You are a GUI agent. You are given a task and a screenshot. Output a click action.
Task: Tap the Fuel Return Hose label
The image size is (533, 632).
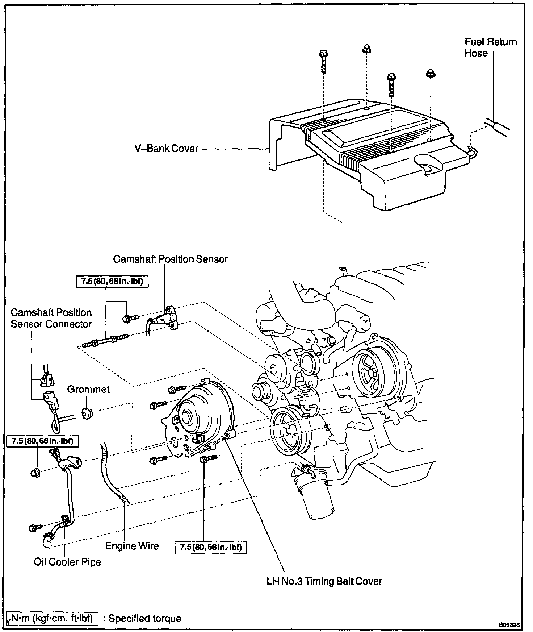pos(490,47)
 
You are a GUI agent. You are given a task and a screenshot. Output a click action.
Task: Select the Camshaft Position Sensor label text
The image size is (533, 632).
pos(170,259)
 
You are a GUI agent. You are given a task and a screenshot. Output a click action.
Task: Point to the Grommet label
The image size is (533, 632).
pos(88,390)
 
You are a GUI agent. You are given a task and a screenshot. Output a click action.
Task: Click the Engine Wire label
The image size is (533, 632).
pos(132,546)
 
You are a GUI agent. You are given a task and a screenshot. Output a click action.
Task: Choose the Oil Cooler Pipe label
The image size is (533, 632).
pos(67,562)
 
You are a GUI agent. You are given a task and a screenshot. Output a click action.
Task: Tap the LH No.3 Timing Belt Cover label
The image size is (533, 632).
pos(324,591)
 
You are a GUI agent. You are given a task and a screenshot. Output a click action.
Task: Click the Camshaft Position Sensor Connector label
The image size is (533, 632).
pos(51,318)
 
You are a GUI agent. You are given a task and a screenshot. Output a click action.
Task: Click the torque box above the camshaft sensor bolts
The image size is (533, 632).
pos(112,282)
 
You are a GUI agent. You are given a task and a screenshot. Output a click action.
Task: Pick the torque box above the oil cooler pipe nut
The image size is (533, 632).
pos(42,441)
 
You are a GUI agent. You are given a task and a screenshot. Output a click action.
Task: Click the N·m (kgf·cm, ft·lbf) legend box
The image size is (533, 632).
pos(52,618)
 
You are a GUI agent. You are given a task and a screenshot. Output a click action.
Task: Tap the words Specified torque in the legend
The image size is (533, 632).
pos(145,618)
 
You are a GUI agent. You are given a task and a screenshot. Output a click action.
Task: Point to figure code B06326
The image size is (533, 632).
pos(509,625)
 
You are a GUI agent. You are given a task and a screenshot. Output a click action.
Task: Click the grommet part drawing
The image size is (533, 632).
pos(87,413)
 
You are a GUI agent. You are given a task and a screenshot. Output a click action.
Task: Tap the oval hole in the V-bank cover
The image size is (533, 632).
pos(428,165)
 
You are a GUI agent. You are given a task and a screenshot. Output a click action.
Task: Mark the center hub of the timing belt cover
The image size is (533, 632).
pos(189,418)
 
